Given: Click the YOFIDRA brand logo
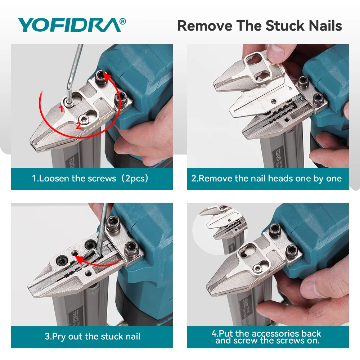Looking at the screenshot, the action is coord(72,25).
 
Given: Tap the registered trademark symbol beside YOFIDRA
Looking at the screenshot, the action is coord(123,21).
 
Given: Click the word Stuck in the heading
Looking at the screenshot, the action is coord(285,26).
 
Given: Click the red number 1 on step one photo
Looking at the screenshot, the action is coord(61,109).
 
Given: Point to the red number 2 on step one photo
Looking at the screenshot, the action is coord(78,126).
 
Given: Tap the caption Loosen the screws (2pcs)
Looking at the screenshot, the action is coord(90,179).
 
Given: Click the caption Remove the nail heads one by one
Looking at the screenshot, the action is coord(266,179).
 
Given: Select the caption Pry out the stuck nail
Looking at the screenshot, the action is coord(93,336).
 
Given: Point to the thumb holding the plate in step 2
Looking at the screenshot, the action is coord(276,53).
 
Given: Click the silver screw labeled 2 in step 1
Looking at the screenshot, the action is coord(84,120).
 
